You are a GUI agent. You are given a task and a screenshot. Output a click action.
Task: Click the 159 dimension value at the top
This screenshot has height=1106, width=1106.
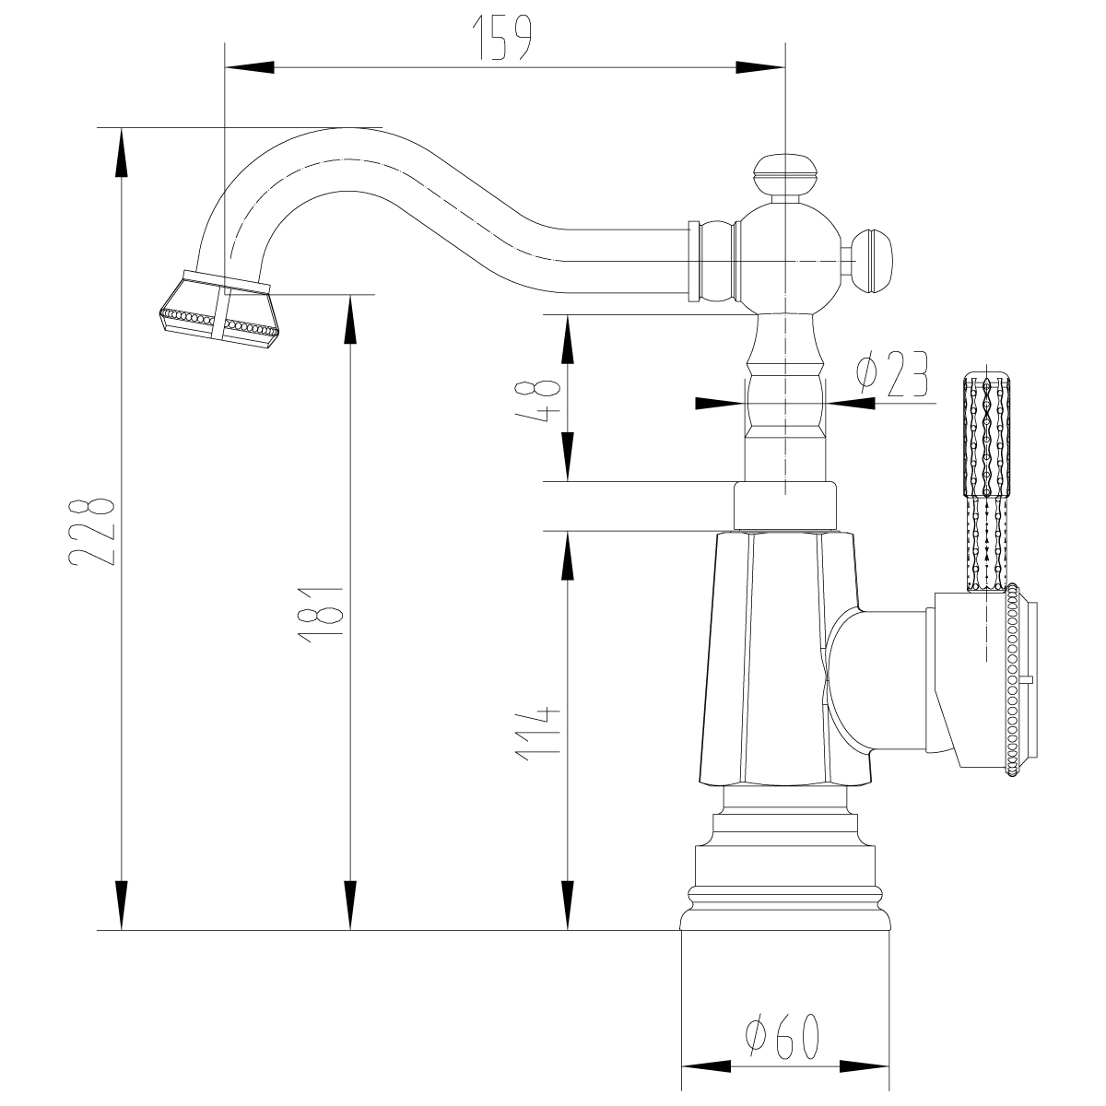click(502, 38)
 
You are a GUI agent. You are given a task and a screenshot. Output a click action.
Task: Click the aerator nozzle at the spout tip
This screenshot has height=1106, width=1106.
click(218, 309)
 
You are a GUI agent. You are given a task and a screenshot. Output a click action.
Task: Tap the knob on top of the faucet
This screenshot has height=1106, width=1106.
click(784, 173)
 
